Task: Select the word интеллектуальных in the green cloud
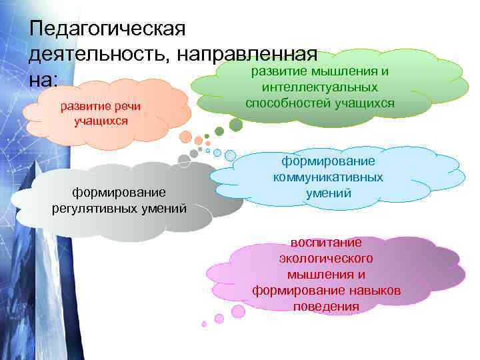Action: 320,87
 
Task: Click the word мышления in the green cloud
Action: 346,71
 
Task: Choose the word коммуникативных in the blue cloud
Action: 328,177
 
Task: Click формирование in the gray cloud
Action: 119,193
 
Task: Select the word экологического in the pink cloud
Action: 326,258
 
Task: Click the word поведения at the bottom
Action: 326,307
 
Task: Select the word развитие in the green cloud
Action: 277,71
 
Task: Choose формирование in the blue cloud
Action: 328,161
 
